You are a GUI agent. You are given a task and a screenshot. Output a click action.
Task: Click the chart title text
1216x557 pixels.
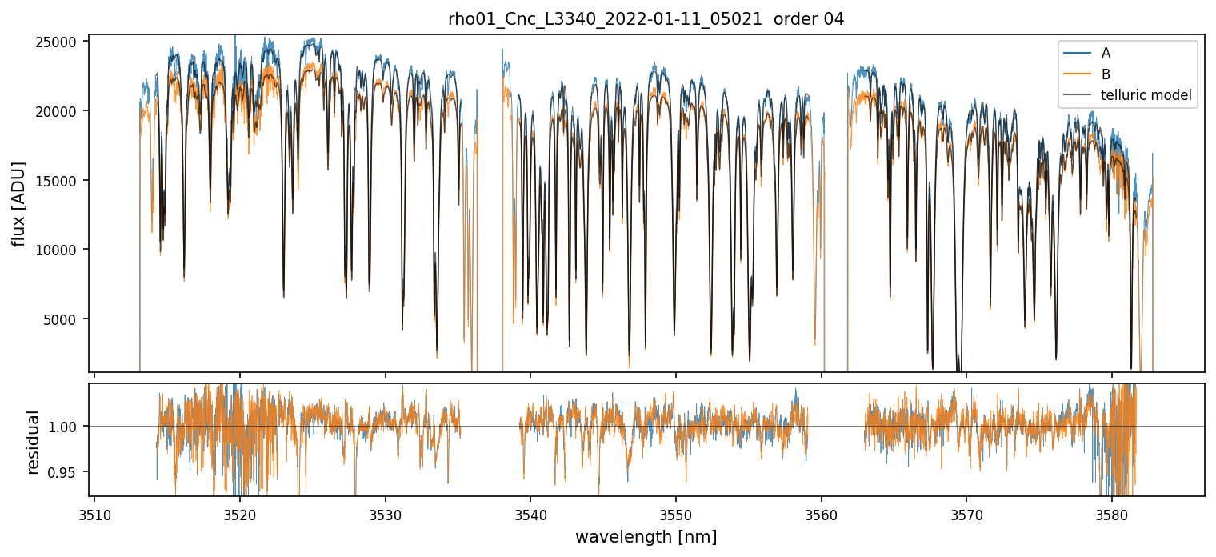[646, 19]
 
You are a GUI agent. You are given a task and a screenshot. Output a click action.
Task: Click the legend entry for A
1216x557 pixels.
[1106, 53]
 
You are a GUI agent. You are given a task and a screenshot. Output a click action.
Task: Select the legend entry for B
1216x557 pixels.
[1106, 74]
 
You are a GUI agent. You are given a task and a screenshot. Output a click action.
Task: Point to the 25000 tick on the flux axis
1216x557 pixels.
[62, 42]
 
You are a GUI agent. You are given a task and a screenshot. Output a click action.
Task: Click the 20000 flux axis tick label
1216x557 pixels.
[62, 111]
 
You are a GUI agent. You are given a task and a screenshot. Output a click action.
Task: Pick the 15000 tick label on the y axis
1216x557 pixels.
[62, 181]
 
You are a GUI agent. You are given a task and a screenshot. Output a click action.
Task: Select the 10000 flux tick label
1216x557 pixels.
[62, 250]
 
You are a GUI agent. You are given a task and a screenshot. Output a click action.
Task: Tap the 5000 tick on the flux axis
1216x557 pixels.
[65, 319]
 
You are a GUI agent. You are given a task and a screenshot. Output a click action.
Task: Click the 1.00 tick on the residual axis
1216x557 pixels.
[67, 427]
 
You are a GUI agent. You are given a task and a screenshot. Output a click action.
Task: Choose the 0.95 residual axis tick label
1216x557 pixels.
[67, 472]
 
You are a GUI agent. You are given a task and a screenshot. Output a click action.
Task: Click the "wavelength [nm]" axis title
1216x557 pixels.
[646, 536]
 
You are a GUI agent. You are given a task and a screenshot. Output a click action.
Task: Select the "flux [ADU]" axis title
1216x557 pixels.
[19, 204]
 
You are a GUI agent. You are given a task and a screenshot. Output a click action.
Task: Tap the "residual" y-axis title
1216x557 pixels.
[34, 442]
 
